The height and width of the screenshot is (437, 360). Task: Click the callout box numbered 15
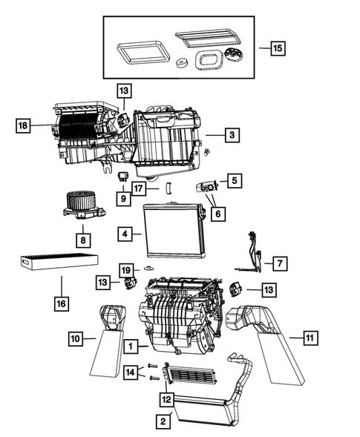click(x=276, y=48)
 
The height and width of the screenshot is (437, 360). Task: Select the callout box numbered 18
click(x=23, y=126)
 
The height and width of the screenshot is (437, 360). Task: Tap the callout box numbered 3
click(x=232, y=135)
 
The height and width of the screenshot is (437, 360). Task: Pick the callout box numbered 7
click(x=279, y=263)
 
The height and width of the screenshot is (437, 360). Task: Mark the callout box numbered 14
click(x=131, y=372)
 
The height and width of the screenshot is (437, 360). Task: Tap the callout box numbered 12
click(x=166, y=399)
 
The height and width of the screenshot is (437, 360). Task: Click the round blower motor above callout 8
click(x=80, y=205)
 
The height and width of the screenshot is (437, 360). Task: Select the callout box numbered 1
click(x=131, y=346)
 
